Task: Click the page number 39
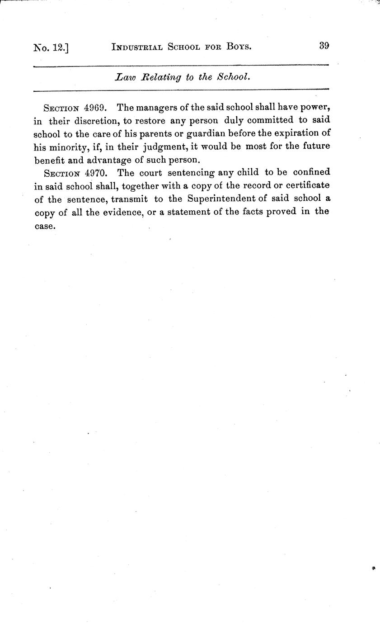coord(324,46)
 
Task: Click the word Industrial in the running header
coord(138,47)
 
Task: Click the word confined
coord(312,172)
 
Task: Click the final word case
coord(45,225)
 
